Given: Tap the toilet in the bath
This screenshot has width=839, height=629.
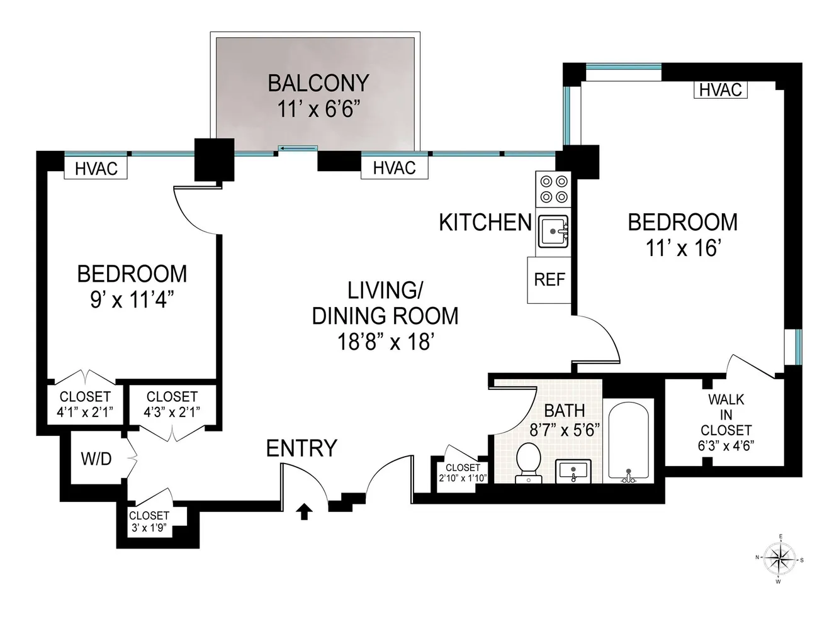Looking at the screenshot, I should coord(528,460).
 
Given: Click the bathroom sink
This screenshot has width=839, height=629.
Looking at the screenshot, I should coord(573,470).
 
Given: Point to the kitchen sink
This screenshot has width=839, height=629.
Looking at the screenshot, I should coord(553,231).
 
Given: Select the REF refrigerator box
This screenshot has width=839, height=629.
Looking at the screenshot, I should coord(549,279).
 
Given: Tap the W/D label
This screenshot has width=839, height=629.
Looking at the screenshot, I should coord(96,459).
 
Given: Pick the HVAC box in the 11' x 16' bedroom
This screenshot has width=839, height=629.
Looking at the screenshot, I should coord(721,90).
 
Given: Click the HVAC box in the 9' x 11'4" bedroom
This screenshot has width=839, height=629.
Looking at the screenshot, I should coord(96,169).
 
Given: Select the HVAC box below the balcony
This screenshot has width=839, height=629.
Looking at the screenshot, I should coord(394,168).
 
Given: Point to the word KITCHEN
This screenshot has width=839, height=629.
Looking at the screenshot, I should coord(485,222).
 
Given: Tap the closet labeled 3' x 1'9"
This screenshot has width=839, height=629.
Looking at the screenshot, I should coord(150,522).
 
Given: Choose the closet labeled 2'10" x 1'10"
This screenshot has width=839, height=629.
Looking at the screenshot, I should coord(463,473).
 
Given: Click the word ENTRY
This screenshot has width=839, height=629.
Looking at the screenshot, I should coord(301,448).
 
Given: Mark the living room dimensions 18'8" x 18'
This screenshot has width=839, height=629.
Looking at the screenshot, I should coord(385,342).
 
